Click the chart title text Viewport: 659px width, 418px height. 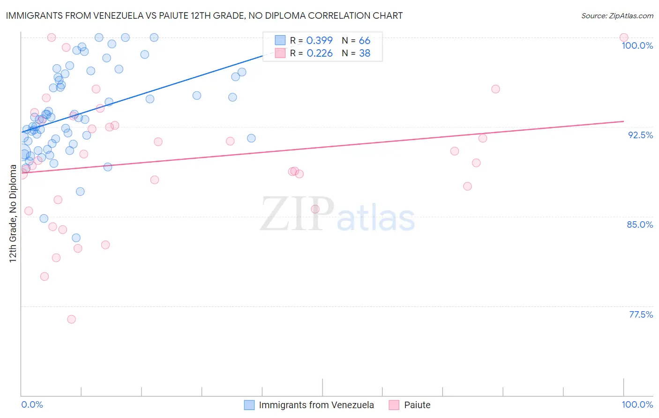[x=204, y=15]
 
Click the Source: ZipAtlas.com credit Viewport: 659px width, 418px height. [x=617, y=15]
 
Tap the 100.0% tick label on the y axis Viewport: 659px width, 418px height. [x=637, y=45]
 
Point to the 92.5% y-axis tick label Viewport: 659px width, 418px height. [x=640, y=135]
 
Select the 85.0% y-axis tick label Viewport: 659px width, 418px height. [x=640, y=224]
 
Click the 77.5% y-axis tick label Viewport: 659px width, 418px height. [x=641, y=314]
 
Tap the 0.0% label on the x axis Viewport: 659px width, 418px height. [x=32, y=404]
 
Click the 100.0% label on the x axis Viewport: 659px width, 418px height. [x=637, y=404]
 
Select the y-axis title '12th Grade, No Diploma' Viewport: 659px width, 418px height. [x=13, y=213]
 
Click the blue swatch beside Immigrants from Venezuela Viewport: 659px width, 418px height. [x=249, y=405]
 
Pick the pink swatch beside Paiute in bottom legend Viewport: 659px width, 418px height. [x=394, y=405]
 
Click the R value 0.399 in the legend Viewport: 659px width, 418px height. [x=319, y=41]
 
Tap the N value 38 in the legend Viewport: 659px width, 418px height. [x=364, y=53]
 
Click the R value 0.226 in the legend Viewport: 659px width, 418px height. [x=319, y=53]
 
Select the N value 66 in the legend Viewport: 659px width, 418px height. [x=364, y=41]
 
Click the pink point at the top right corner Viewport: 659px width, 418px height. [x=623, y=37]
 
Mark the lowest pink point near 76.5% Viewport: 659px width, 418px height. [x=71, y=319]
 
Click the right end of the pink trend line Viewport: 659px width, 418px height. [x=623, y=121]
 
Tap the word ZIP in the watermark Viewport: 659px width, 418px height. [x=297, y=214]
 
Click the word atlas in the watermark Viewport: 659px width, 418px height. [x=376, y=218]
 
